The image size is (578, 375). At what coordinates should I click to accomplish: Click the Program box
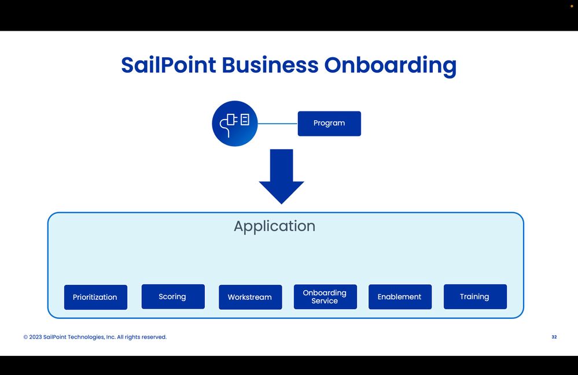coord(329,123)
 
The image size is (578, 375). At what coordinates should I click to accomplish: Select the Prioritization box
coord(95,297)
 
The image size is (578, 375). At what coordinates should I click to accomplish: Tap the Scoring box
coord(173,296)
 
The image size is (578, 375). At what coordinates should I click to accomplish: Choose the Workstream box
coord(250,297)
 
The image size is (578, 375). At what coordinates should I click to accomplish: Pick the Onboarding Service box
coord(325,296)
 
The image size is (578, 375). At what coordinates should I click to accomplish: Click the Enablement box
coord(400,296)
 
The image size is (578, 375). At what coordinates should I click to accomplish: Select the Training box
coord(475,296)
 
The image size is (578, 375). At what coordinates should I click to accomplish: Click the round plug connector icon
coord(234,123)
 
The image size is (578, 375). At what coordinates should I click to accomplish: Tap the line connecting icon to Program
coord(277,123)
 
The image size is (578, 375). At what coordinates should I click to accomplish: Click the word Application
coord(274,226)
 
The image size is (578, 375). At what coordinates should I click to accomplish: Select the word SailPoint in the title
coord(168,65)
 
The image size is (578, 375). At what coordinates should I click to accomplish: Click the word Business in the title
coord(270,65)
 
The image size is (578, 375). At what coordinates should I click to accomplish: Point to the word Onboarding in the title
coord(390,65)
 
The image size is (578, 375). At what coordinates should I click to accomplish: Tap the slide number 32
coord(554,337)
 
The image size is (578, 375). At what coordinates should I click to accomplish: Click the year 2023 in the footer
coord(35,337)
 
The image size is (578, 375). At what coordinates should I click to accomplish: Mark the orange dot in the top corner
coord(572,6)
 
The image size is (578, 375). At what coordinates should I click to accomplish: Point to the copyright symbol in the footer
coord(25,337)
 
